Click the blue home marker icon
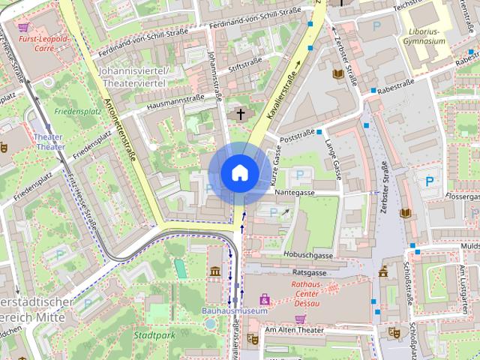[239, 173]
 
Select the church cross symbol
[240, 115]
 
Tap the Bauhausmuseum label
[234, 310]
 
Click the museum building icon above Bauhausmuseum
[215, 271]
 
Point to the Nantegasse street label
[295, 193]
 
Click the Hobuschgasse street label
[307, 255]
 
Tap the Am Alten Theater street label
[293, 328]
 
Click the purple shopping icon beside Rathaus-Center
[264, 299]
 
